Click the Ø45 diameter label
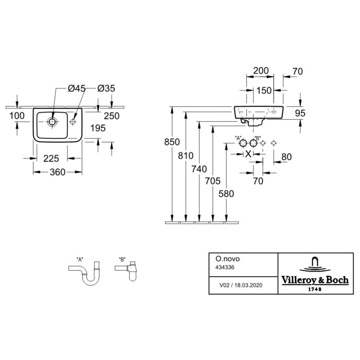76,88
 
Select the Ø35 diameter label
106,88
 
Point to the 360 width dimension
57,172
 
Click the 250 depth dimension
111,116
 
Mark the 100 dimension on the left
17,116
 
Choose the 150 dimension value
264,91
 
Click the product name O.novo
222,260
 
